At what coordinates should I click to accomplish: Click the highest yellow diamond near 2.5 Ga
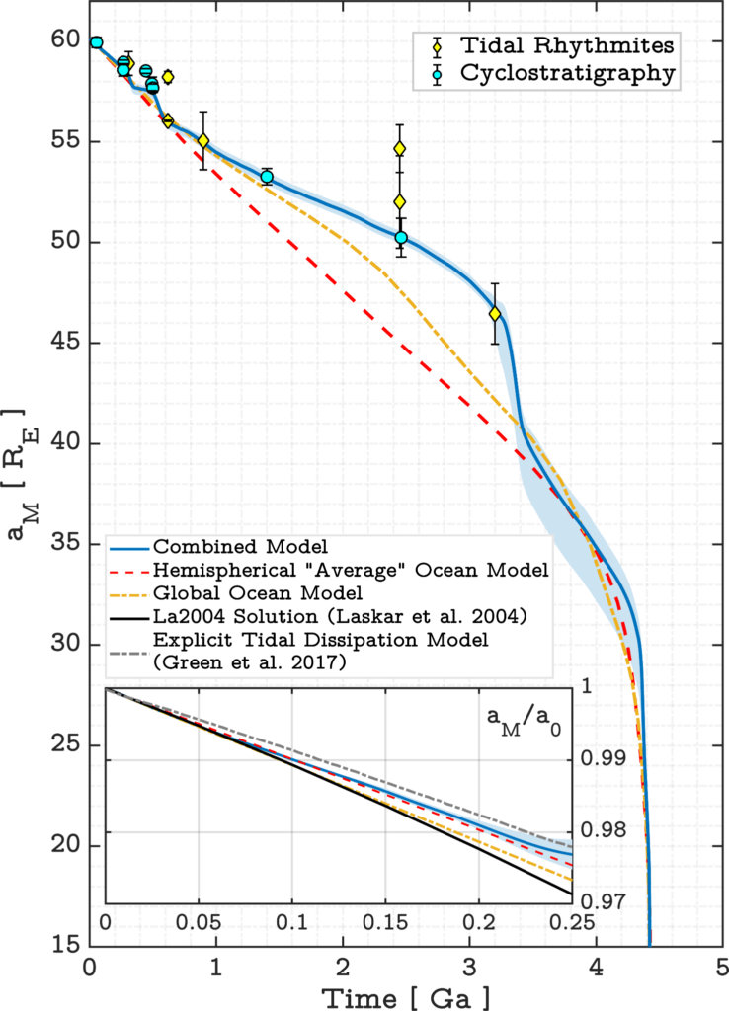[x=400, y=149]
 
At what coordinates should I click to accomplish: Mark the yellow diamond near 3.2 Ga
[x=495, y=314]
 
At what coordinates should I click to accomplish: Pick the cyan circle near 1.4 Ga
[x=267, y=177]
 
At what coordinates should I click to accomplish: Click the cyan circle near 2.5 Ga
[x=401, y=237]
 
